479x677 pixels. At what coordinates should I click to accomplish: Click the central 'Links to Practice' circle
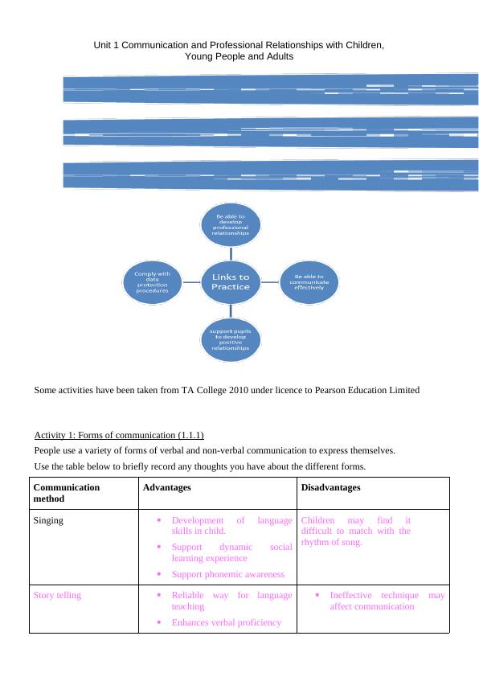point(231,282)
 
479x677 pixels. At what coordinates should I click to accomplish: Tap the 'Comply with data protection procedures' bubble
point(152,282)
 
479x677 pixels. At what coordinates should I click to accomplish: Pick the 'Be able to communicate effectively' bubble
point(310,282)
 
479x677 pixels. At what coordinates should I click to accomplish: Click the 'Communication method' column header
point(67,493)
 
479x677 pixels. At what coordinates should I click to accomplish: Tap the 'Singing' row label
point(49,520)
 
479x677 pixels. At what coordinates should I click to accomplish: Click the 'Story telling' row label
point(57,595)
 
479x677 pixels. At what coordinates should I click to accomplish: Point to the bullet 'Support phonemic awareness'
point(227,574)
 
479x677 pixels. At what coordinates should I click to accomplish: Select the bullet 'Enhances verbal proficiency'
point(226,622)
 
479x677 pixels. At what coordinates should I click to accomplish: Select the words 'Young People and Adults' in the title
point(239,58)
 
